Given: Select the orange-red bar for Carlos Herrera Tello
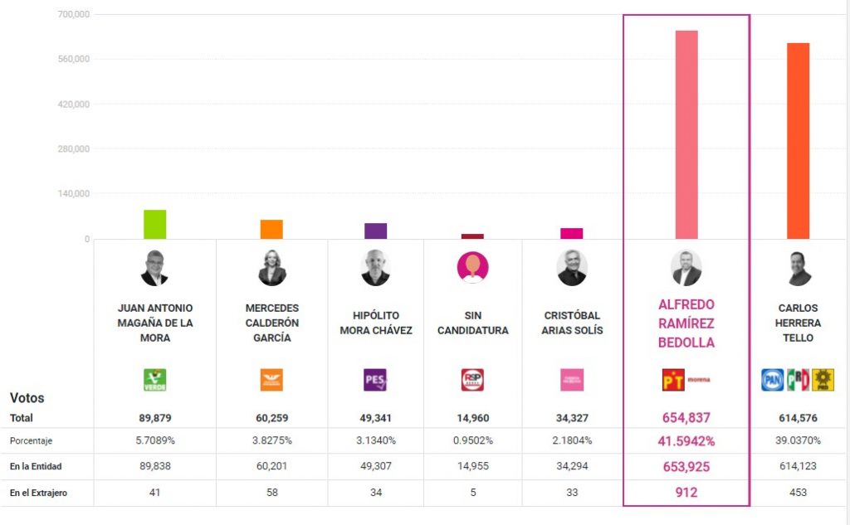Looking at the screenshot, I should click(x=798, y=141).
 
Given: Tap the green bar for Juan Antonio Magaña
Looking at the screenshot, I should click(x=154, y=224).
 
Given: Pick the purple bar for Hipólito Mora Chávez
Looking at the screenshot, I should click(x=375, y=231).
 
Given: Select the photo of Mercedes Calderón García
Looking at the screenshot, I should click(x=271, y=268).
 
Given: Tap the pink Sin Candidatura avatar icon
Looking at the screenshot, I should click(x=472, y=267).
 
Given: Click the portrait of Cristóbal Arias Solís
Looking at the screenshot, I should click(x=571, y=268).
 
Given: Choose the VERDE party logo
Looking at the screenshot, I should click(x=155, y=380).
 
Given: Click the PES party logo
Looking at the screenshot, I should click(x=375, y=380).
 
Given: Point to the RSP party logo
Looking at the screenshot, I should click(x=472, y=380).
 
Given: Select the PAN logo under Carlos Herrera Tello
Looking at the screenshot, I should click(x=773, y=380).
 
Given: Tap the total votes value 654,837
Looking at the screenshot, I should click(x=686, y=418).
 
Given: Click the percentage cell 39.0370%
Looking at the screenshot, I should click(x=798, y=440).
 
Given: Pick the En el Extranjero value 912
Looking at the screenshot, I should click(x=686, y=493).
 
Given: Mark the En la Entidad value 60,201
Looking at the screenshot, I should click(x=271, y=466).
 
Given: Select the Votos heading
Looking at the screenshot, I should click(x=27, y=398).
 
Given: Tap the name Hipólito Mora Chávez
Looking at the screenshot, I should click(x=375, y=323).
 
